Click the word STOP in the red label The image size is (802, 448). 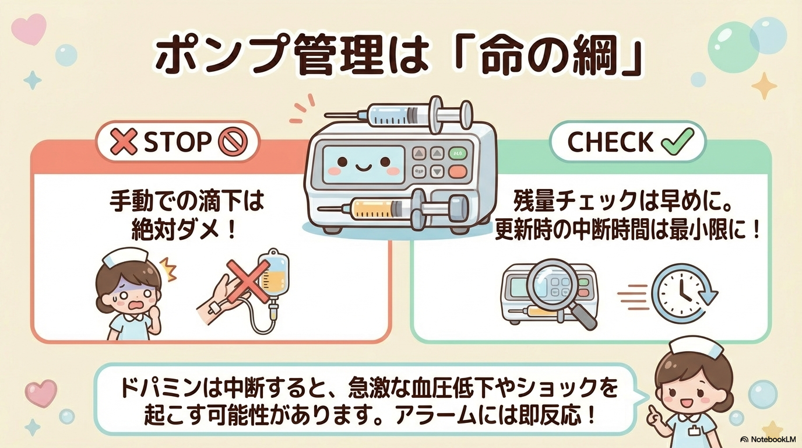(x=177, y=142)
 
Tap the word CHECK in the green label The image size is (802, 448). (x=610, y=142)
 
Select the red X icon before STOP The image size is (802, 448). (x=124, y=142)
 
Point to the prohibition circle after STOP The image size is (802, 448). (x=233, y=142)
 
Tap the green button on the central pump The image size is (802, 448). (x=458, y=153)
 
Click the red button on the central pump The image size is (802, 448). (x=458, y=172)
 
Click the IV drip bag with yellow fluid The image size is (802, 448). (x=273, y=274)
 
